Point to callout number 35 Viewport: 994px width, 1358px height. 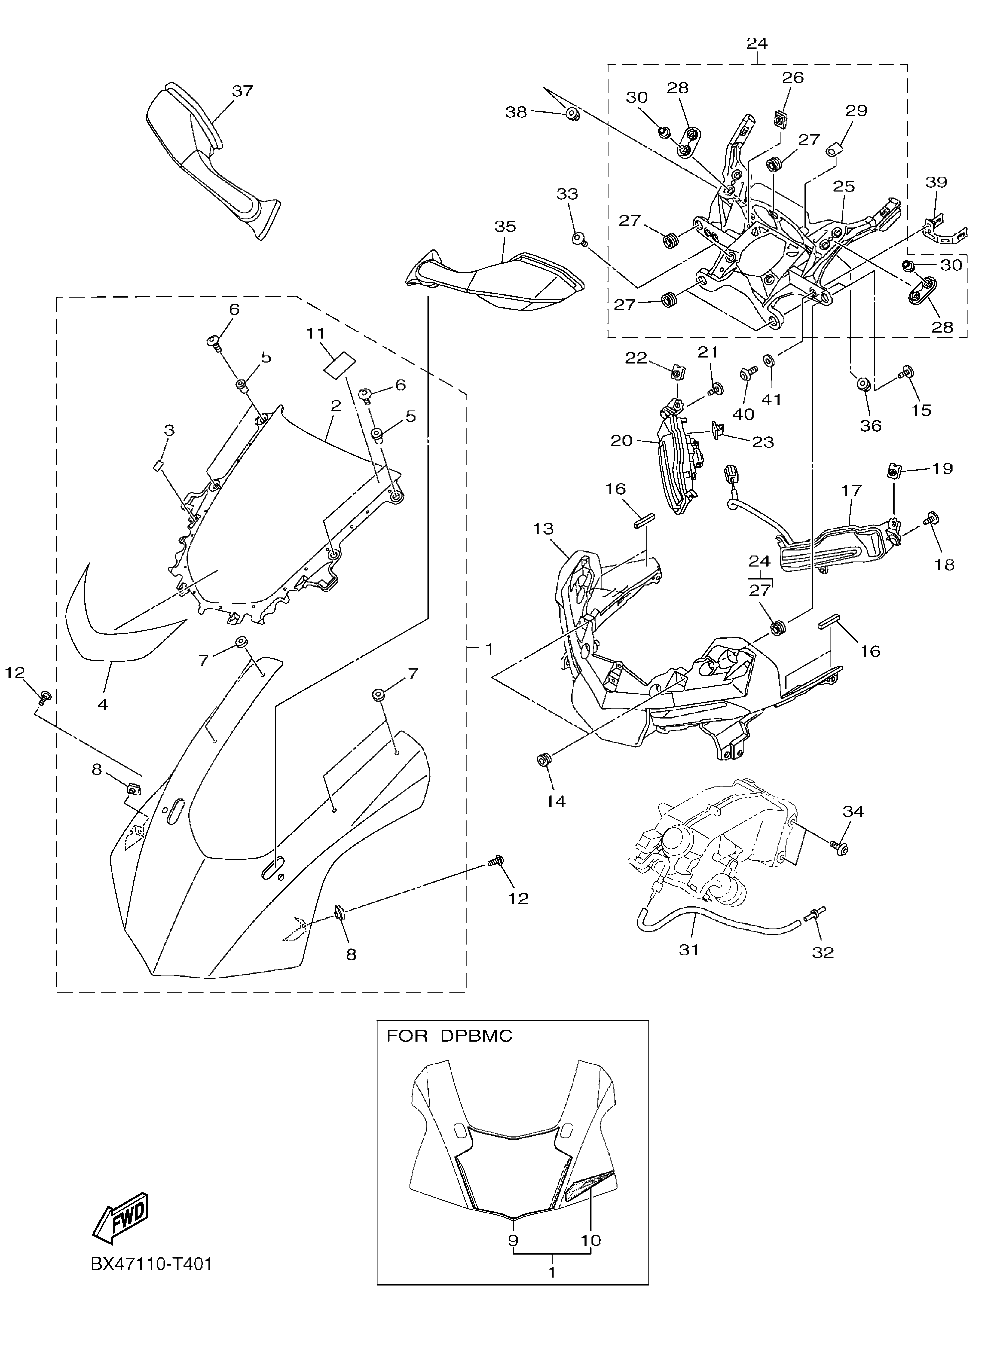505,227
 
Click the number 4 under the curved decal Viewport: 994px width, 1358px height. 103,704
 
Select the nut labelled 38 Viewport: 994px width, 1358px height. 572,114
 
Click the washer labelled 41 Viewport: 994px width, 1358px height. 769,361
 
